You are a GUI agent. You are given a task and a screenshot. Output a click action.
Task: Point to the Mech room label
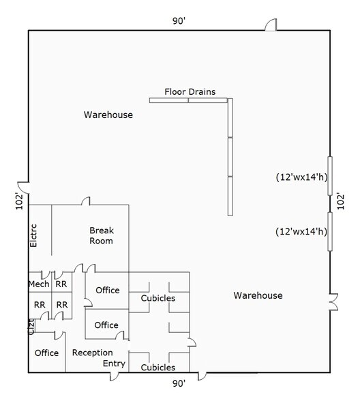(38, 284)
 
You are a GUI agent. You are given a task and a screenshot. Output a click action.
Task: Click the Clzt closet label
(31, 327)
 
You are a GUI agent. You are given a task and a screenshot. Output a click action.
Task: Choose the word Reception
(92, 353)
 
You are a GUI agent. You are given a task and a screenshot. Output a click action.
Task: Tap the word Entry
(114, 363)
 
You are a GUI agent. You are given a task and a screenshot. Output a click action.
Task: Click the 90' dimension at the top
(179, 21)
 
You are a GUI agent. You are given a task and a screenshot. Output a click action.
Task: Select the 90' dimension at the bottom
(179, 384)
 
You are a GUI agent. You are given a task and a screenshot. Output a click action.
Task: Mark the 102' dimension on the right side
(341, 202)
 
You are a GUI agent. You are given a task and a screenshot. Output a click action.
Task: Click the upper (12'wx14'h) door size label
(301, 177)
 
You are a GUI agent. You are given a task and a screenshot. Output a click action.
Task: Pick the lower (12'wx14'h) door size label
(301, 231)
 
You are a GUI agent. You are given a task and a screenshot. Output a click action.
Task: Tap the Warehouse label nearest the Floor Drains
(108, 115)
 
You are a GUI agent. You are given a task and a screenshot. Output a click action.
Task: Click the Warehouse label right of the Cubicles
(258, 295)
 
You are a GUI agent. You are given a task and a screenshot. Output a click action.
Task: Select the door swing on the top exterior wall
(271, 25)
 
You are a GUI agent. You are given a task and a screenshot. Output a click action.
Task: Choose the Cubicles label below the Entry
(157, 368)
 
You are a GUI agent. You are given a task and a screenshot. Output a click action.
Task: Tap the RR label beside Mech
(61, 284)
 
